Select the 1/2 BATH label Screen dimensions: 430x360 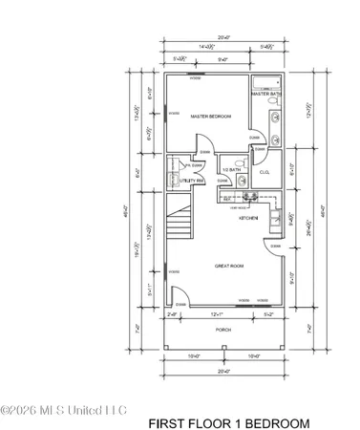[x=229, y=162]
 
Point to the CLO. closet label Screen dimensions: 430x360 [x=265, y=173]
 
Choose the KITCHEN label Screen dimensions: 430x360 [x=250, y=218]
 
